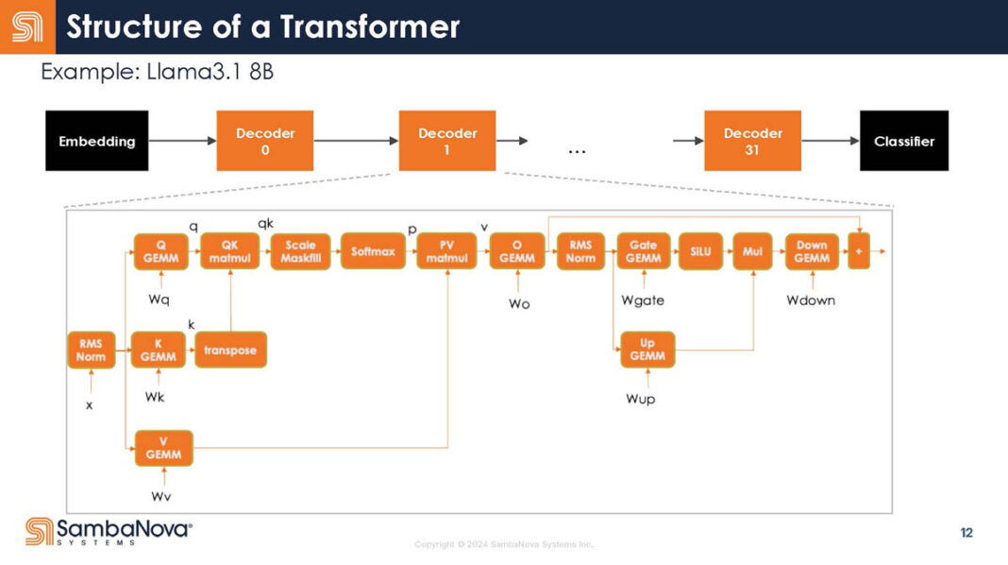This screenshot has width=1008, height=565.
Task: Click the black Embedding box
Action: (96, 141)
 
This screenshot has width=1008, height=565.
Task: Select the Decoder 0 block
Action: (265, 141)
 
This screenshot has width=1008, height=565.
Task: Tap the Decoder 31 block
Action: (752, 141)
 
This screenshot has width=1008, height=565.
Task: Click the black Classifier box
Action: (903, 141)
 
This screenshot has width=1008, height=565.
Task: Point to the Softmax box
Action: (373, 251)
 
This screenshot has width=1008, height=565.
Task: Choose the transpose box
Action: (230, 350)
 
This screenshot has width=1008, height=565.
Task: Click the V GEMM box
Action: (163, 448)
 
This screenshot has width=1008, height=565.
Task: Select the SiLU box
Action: (700, 251)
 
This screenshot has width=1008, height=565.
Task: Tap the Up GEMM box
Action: (647, 350)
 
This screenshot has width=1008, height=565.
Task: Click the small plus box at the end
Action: (858, 251)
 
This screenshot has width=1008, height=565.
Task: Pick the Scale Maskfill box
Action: (300, 251)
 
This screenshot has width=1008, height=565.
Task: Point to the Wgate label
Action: (643, 300)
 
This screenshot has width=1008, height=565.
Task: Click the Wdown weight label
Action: (811, 300)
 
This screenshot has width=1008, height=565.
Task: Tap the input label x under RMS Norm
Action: (90, 404)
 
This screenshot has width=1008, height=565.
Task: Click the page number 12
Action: (966, 533)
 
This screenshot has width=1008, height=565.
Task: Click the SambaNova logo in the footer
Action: (109, 531)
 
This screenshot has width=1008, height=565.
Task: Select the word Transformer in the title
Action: (369, 26)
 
